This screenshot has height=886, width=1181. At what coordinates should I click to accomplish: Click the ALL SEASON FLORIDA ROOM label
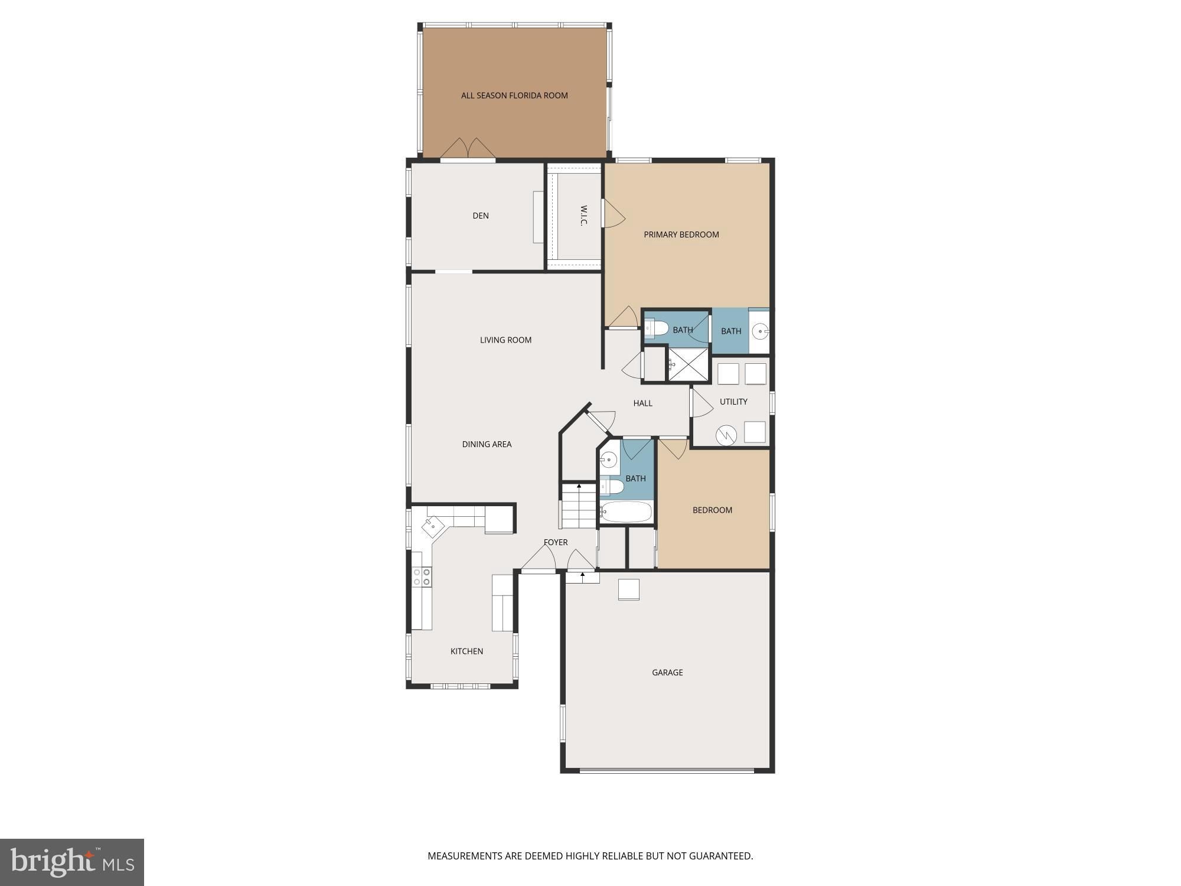(x=514, y=95)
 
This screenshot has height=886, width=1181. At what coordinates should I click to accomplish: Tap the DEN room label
(x=481, y=216)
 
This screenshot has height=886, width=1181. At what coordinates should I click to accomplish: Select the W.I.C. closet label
(x=583, y=216)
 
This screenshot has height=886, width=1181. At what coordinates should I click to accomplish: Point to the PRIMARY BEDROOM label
(x=681, y=234)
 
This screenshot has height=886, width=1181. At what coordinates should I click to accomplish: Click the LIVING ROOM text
(x=505, y=340)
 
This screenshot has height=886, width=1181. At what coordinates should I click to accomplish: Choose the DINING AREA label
(x=487, y=444)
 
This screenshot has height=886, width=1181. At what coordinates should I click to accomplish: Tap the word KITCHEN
(x=466, y=651)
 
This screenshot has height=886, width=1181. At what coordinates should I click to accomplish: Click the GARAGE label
(x=667, y=672)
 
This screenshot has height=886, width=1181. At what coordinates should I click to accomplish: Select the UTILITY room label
(x=733, y=402)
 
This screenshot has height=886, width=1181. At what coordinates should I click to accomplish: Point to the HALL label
(x=642, y=403)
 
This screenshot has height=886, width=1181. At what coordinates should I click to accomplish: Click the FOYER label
(x=556, y=542)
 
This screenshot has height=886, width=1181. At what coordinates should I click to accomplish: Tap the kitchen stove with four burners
(x=422, y=576)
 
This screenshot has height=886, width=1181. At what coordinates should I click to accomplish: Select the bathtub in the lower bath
(x=625, y=512)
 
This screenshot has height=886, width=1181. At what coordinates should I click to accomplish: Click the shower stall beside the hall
(x=688, y=364)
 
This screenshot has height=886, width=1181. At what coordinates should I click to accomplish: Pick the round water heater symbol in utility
(x=726, y=435)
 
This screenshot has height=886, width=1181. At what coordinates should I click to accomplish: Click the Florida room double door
(x=468, y=148)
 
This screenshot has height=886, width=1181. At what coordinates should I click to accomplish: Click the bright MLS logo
(x=72, y=862)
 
